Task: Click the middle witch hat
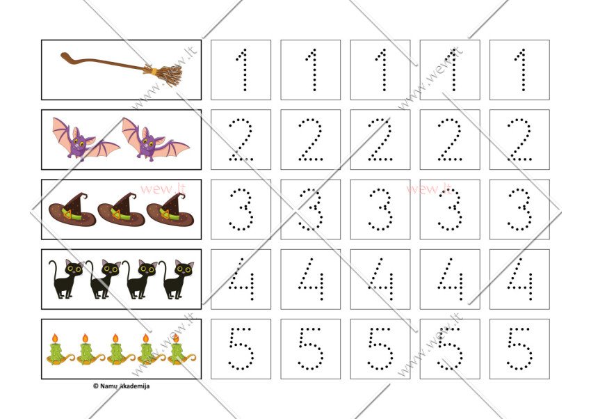(122, 209)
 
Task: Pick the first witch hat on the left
(72, 209)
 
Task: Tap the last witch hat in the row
(170, 209)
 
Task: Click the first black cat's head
(74, 268)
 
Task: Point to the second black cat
(104, 279)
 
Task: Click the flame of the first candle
(55, 338)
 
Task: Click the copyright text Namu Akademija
(122, 386)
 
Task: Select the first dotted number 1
(241, 70)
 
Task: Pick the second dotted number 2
(311, 140)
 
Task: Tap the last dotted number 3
(520, 209)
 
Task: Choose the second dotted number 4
(311, 280)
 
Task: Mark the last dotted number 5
(520, 349)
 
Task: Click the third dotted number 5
(381, 349)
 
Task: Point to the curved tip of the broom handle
(63, 55)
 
